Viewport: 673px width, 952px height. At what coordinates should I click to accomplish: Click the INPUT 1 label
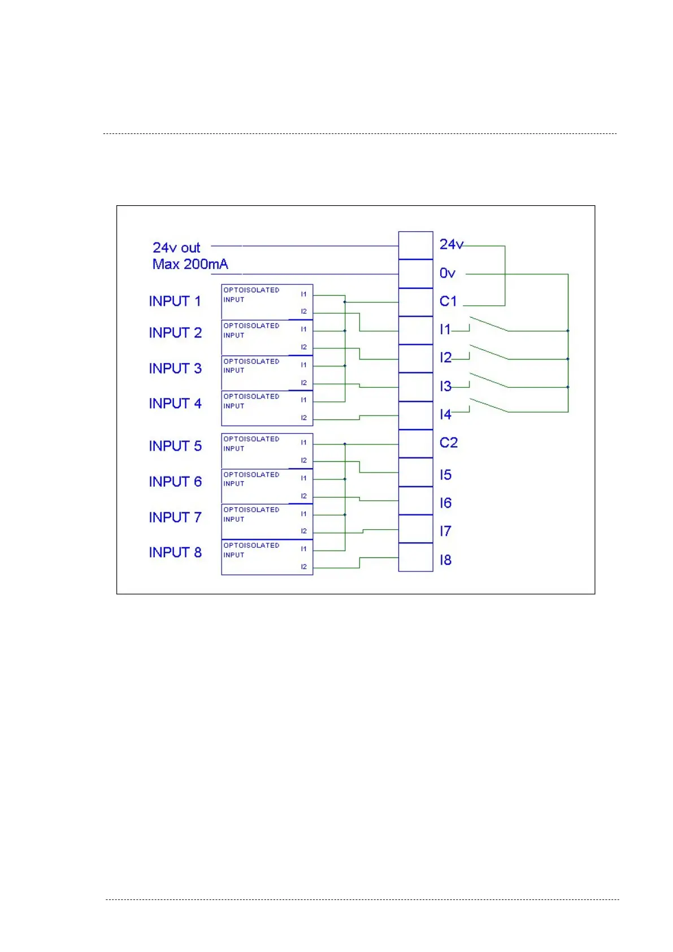click(x=175, y=301)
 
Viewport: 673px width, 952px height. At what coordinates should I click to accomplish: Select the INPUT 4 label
click(x=175, y=404)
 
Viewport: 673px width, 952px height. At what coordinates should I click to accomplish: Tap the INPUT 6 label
click(x=175, y=482)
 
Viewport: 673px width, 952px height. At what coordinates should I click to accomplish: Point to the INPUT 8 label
click(x=175, y=552)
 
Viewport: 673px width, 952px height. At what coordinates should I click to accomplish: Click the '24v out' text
click(x=176, y=248)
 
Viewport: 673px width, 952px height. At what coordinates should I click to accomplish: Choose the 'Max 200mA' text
click(x=190, y=264)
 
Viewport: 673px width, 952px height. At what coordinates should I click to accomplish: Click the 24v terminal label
click(x=451, y=244)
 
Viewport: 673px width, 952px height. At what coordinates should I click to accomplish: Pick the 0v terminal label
click(x=447, y=273)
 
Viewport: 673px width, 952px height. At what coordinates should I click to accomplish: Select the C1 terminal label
click(x=448, y=301)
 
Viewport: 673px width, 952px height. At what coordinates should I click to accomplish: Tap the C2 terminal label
click(x=448, y=443)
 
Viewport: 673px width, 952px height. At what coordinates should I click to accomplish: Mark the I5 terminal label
click(x=445, y=475)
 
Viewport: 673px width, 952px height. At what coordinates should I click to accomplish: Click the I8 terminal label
click(x=445, y=560)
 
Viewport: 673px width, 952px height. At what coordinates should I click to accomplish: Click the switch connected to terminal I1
click(x=489, y=324)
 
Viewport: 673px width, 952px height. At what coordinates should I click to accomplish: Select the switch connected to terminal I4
click(x=489, y=405)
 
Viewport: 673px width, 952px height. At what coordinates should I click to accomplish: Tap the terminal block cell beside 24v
click(x=415, y=245)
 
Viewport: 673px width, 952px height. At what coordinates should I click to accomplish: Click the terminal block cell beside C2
click(x=415, y=444)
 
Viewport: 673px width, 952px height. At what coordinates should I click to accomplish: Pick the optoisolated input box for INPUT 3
click(x=267, y=373)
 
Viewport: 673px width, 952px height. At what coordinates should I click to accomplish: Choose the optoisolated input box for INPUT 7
click(x=267, y=521)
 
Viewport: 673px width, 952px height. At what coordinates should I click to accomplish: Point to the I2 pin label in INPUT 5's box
click(x=303, y=461)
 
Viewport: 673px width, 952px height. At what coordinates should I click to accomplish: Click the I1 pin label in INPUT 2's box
click(x=303, y=329)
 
